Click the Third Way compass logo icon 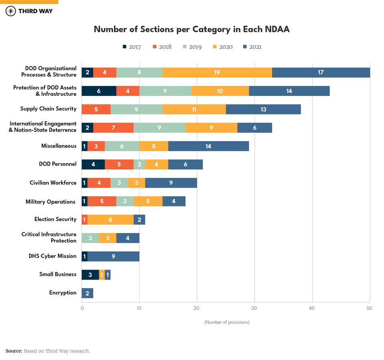click(x=11, y=11)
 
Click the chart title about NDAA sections click(x=192, y=29)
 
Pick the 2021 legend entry click(x=252, y=47)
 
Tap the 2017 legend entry click(x=132, y=47)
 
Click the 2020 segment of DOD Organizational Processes click(x=217, y=72)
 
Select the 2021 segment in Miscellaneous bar click(x=208, y=146)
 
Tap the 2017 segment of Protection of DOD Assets click(x=99, y=91)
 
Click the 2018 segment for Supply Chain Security click(x=96, y=109)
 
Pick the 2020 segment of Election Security click(x=110, y=219)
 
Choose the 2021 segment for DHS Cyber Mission click(x=113, y=256)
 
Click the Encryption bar click(x=87, y=293)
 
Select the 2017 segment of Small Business click(x=90, y=274)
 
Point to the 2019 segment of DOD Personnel click(x=139, y=164)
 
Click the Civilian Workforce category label click(x=53, y=183)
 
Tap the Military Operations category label click(x=50, y=202)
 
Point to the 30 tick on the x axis click(x=254, y=308)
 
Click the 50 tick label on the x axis click(x=369, y=308)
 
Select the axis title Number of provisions click(x=227, y=322)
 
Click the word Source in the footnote click(x=14, y=351)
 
